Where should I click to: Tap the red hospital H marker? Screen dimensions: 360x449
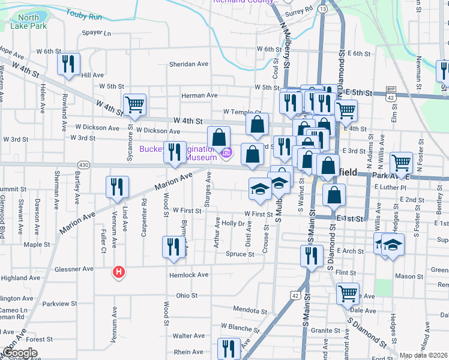[119, 272]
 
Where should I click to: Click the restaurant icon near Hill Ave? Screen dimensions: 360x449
[68, 64]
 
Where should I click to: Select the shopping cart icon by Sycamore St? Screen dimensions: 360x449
[135, 104]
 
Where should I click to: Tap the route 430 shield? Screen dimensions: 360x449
[83, 164]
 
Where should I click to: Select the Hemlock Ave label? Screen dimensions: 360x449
[188, 275]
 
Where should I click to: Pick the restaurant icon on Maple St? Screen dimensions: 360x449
[173, 247]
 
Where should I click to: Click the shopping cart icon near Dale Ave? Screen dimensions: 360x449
[348, 293]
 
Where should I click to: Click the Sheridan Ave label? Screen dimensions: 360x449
[188, 64]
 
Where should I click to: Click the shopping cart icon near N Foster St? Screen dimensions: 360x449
[401, 162]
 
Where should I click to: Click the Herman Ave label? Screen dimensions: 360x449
[199, 95]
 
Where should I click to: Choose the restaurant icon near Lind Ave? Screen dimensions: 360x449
[117, 186]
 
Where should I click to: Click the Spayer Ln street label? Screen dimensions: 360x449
[97, 33]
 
